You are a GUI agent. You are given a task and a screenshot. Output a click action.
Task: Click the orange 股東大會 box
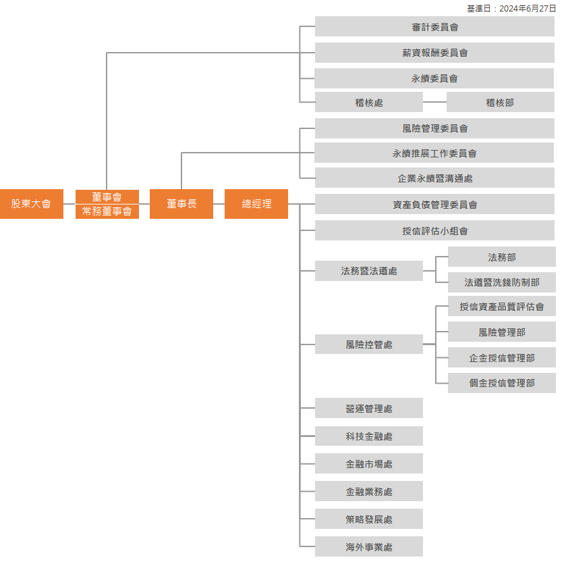(x=32, y=204)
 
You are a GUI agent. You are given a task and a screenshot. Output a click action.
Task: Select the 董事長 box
(x=181, y=204)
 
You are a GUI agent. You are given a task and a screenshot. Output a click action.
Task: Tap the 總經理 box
(x=256, y=204)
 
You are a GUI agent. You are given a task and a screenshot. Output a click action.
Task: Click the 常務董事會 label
(x=107, y=212)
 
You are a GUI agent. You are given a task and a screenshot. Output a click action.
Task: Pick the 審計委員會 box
(x=434, y=27)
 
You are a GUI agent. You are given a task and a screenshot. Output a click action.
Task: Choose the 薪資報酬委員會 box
(x=434, y=53)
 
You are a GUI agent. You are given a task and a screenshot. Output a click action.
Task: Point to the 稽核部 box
(x=500, y=103)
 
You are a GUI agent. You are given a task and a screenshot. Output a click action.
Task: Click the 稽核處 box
(x=369, y=103)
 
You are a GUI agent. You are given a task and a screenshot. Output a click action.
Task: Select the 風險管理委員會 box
(x=434, y=128)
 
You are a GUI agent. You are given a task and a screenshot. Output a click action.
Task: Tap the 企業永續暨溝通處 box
(x=434, y=179)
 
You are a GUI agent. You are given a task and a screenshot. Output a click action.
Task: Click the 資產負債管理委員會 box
(x=434, y=205)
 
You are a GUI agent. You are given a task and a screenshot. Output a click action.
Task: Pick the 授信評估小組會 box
(x=434, y=231)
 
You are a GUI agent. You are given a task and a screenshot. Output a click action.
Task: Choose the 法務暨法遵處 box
(x=369, y=272)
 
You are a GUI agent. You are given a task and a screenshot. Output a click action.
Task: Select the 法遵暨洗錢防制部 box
(x=502, y=282)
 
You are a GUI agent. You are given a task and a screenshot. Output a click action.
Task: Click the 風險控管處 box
(x=369, y=344)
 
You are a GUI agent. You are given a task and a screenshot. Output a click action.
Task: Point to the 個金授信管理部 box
(x=502, y=383)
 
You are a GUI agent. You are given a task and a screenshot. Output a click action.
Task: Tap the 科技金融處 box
(x=369, y=436)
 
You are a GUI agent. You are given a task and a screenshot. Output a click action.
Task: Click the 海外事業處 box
(x=369, y=547)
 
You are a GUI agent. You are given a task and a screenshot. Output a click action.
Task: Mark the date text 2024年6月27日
(x=527, y=9)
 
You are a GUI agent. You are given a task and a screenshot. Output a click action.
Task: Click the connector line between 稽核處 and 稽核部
(x=434, y=103)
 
